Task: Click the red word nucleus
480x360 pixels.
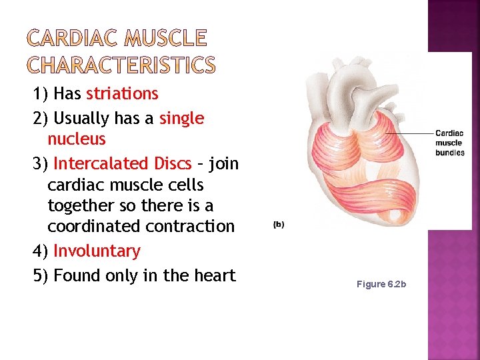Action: [x=77, y=139]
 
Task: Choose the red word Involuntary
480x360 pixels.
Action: [x=97, y=251]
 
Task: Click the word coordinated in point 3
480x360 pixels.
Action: [x=97, y=226]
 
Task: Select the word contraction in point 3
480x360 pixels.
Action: [x=193, y=226]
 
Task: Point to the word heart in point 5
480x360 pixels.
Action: [x=212, y=275]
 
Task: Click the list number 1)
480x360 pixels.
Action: [x=41, y=93]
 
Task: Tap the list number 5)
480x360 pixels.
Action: [x=41, y=275]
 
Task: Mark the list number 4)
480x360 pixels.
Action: [x=41, y=251]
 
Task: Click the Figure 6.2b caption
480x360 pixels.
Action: [x=381, y=284]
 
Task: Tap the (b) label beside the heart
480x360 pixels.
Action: [x=279, y=225]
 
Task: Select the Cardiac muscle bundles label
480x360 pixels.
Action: [x=449, y=143]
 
